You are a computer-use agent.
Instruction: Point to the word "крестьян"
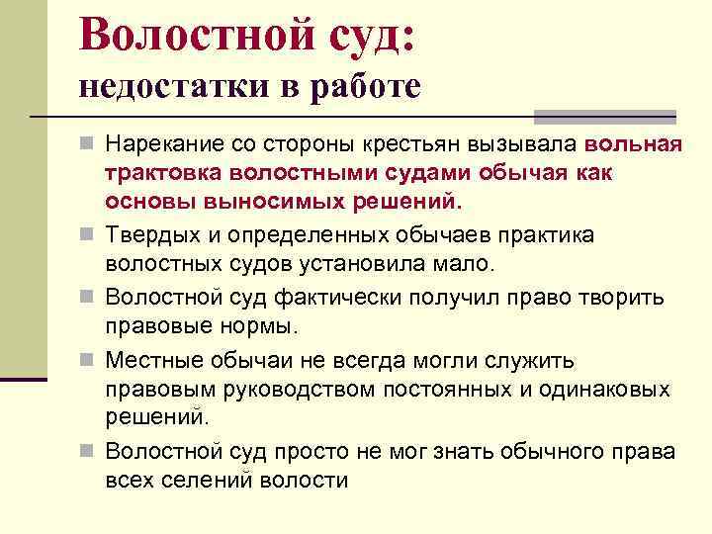pos(443,145)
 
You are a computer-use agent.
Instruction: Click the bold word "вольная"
pos(634,145)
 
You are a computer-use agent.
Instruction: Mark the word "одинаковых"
pos(603,389)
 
